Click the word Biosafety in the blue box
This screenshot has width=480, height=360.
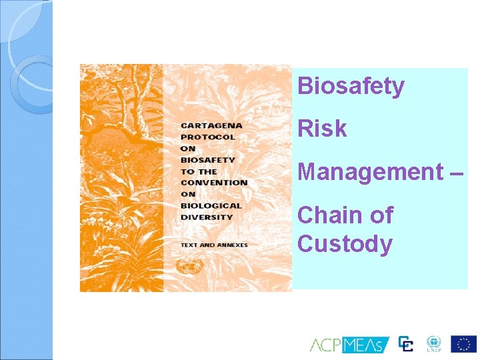tap(351, 86)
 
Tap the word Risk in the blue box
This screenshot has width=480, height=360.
tap(322, 129)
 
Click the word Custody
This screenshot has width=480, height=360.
tap(345, 244)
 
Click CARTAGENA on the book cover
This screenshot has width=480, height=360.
tap(211, 125)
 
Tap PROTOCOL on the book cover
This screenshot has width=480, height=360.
tap(208, 137)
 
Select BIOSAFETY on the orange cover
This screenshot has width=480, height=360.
tap(208, 159)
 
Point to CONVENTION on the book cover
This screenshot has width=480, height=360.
tap(214, 182)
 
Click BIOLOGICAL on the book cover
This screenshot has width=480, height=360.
tap(211, 205)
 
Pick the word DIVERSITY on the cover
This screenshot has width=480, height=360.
tap(207, 217)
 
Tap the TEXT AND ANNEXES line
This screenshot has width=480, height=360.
tap(213, 245)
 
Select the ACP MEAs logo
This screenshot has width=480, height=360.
tap(349, 345)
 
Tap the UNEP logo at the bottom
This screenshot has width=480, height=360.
tap(434, 344)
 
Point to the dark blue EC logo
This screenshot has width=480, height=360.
tap(406, 344)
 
